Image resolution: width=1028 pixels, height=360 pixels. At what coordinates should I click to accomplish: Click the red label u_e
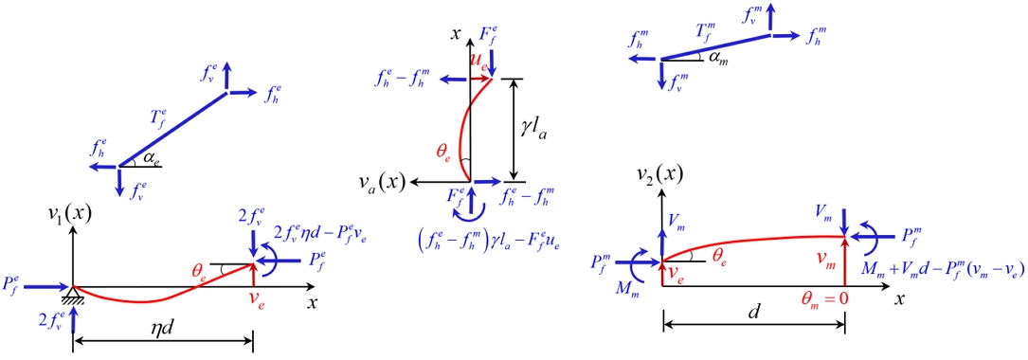coord(480,62)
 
